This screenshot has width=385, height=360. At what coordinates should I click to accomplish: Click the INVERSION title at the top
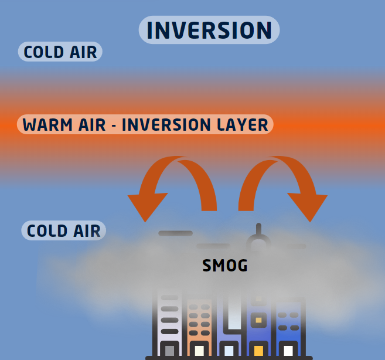209,30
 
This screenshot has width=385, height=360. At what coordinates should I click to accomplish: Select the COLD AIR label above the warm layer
60,52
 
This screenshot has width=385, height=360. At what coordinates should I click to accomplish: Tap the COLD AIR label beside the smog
64,230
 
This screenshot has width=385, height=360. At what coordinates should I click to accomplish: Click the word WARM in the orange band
47,124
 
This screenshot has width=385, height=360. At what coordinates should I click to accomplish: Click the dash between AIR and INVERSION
114,125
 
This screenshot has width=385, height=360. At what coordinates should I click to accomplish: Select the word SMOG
225,266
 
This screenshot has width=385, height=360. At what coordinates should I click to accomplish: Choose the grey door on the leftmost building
169,351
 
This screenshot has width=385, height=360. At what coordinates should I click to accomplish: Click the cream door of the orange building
199,351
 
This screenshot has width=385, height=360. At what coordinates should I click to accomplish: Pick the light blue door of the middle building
229,351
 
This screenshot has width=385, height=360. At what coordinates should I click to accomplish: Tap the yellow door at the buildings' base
258,351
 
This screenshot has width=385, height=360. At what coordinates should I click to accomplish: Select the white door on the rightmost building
288,351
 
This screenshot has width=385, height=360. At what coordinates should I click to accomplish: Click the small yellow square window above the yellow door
258,320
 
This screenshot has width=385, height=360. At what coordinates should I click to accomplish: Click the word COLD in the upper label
44,52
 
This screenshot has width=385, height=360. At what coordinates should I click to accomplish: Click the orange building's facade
199,320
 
